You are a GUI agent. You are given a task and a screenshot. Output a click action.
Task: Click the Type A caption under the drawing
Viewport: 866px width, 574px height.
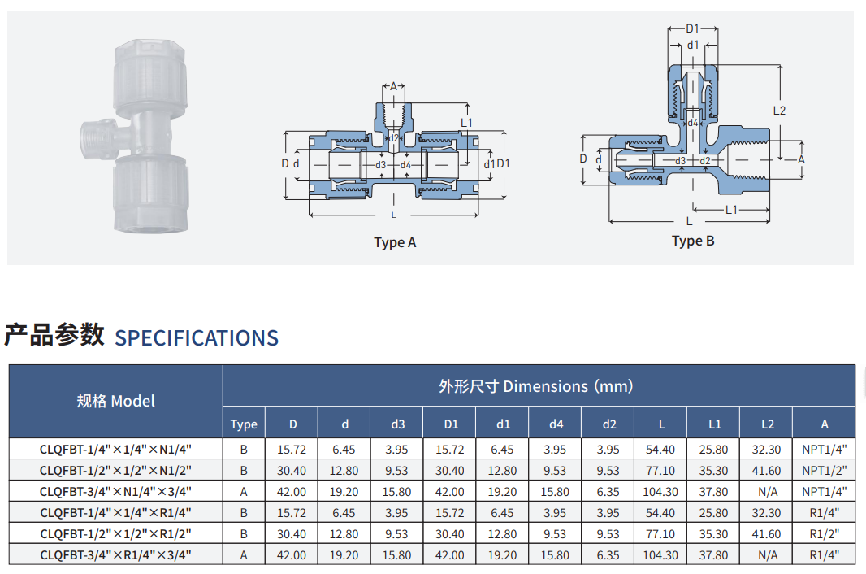pyautogui.click(x=395, y=243)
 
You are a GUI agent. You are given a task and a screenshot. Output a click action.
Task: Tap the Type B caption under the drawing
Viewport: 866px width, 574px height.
pyautogui.click(x=693, y=241)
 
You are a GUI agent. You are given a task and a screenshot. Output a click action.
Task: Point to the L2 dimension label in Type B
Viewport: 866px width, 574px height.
pyautogui.click(x=779, y=111)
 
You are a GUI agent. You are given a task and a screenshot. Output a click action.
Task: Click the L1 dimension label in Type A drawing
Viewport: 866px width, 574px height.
pyautogui.click(x=466, y=123)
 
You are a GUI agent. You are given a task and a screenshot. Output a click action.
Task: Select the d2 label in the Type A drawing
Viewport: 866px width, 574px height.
pyautogui.click(x=393, y=138)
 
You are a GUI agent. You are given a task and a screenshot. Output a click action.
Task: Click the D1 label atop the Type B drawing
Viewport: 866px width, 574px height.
pyautogui.click(x=693, y=28)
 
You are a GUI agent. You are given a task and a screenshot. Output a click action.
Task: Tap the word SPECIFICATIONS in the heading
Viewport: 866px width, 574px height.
pyautogui.click(x=197, y=338)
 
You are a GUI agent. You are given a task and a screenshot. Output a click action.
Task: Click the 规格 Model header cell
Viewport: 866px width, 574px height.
pyautogui.click(x=116, y=401)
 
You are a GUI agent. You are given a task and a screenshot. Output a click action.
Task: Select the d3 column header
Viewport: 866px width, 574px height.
pyautogui.click(x=397, y=424)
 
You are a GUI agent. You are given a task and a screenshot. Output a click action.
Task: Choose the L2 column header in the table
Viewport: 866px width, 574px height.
pyautogui.click(x=768, y=424)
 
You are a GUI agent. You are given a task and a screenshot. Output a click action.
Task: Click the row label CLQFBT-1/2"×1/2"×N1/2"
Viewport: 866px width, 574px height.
pyautogui.click(x=115, y=471)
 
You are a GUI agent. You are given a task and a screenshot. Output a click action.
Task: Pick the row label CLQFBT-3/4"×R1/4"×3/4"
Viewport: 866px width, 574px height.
pyautogui.click(x=115, y=555)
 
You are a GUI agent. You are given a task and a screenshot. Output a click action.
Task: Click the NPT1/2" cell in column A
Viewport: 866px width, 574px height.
pyautogui.click(x=825, y=471)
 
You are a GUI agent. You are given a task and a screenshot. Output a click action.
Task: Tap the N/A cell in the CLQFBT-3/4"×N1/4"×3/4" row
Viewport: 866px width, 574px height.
pyautogui.click(x=768, y=492)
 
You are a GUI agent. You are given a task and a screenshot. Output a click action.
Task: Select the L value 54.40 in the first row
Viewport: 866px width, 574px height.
pyautogui.click(x=660, y=450)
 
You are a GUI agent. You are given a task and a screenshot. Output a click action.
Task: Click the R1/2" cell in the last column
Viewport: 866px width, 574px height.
pyautogui.click(x=825, y=534)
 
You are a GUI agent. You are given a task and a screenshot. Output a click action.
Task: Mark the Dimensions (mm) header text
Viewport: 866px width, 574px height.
pyautogui.click(x=569, y=386)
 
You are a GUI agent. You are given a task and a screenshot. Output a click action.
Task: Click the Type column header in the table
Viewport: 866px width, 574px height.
pyautogui.click(x=244, y=424)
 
